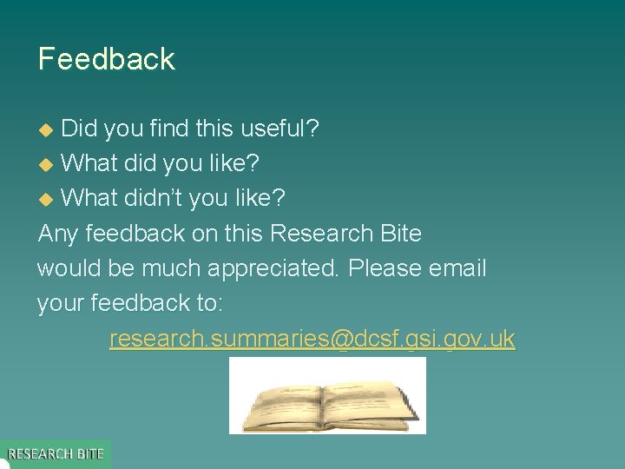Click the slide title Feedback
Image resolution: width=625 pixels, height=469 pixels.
(x=106, y=59)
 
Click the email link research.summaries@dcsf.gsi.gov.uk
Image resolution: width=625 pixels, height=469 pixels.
(x=312, y=339)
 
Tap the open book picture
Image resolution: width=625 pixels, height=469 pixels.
(x=327, y=396)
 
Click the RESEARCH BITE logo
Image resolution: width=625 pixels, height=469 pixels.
(x=56, y=453)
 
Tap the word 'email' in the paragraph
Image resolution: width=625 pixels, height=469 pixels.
(x=458, y=268)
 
